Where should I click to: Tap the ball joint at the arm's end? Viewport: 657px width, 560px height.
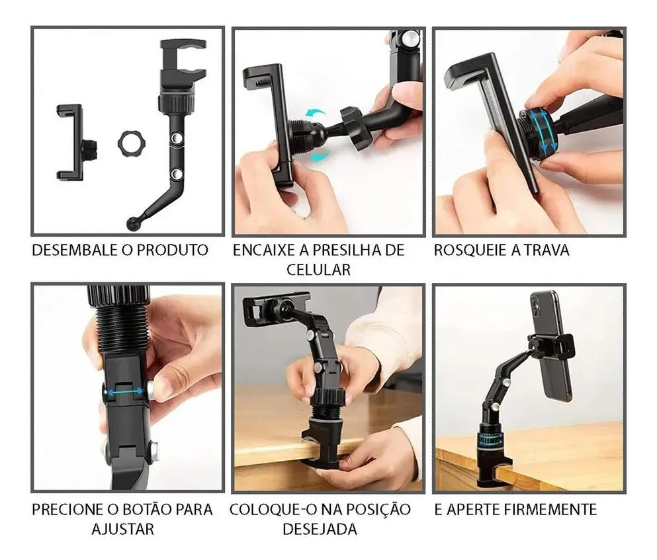click(x=132, y=223)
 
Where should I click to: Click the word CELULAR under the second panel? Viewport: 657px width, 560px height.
click(x=318, y=270)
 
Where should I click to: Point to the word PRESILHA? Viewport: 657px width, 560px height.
click(x=345, y=250)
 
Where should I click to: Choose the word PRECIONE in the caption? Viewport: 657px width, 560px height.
click(x=68, y=510)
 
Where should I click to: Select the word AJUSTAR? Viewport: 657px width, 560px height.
click(x=123, y=530)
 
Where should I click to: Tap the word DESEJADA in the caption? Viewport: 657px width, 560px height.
click(x=320, y=530)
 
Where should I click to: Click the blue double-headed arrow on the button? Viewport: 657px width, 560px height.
click(x=125, y=392)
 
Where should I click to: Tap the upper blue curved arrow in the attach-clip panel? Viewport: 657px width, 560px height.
click(x=315, y=114)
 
